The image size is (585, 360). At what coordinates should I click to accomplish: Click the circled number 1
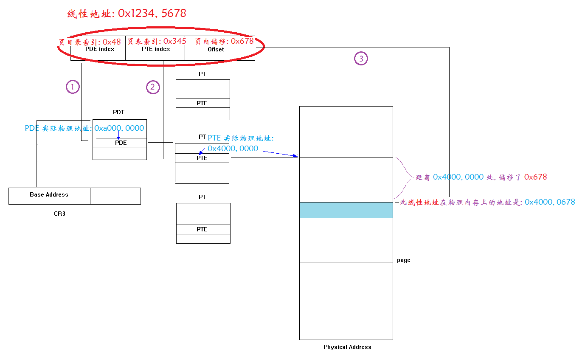point(73,87)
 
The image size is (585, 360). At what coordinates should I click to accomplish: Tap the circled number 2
point(153,87)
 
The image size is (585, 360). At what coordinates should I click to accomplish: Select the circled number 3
point(361,59)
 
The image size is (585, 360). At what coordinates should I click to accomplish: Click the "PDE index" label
point(100,49)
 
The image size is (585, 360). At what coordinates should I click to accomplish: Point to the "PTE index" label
point(156,49)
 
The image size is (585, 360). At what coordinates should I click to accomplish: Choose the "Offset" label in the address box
point(216,50)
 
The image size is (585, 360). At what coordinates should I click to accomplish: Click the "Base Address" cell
point(49,195)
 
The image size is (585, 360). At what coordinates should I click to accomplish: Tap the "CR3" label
point(59,214)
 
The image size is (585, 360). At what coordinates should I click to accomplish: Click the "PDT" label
point(119,112)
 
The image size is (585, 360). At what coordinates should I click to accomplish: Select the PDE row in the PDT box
point(121,143)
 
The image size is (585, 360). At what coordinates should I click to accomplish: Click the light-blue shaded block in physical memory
point(346,210)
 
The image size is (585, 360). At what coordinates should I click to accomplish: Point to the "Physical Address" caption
point(347,347)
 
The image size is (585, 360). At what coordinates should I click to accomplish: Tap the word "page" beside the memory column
point(404,260)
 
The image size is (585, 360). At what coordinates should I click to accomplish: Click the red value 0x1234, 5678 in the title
point(152,14)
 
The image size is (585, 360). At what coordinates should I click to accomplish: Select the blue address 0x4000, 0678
point(550,202)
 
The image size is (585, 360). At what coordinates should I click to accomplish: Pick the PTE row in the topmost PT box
point(202,104)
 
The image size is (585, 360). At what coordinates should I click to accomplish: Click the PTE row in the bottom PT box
point(202,230)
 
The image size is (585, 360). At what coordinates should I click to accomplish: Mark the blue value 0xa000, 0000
point(119,128)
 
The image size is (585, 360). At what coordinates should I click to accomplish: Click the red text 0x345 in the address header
point(175,41)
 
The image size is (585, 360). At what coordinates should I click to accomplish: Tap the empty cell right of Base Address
point(115,196)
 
